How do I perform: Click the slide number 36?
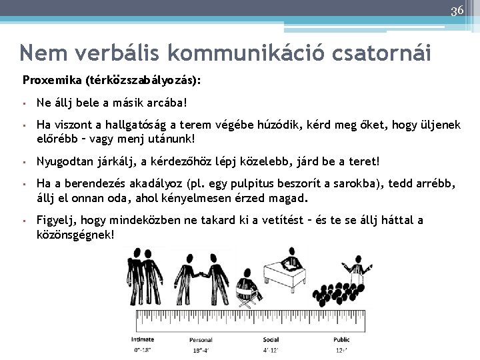click(457, 11)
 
